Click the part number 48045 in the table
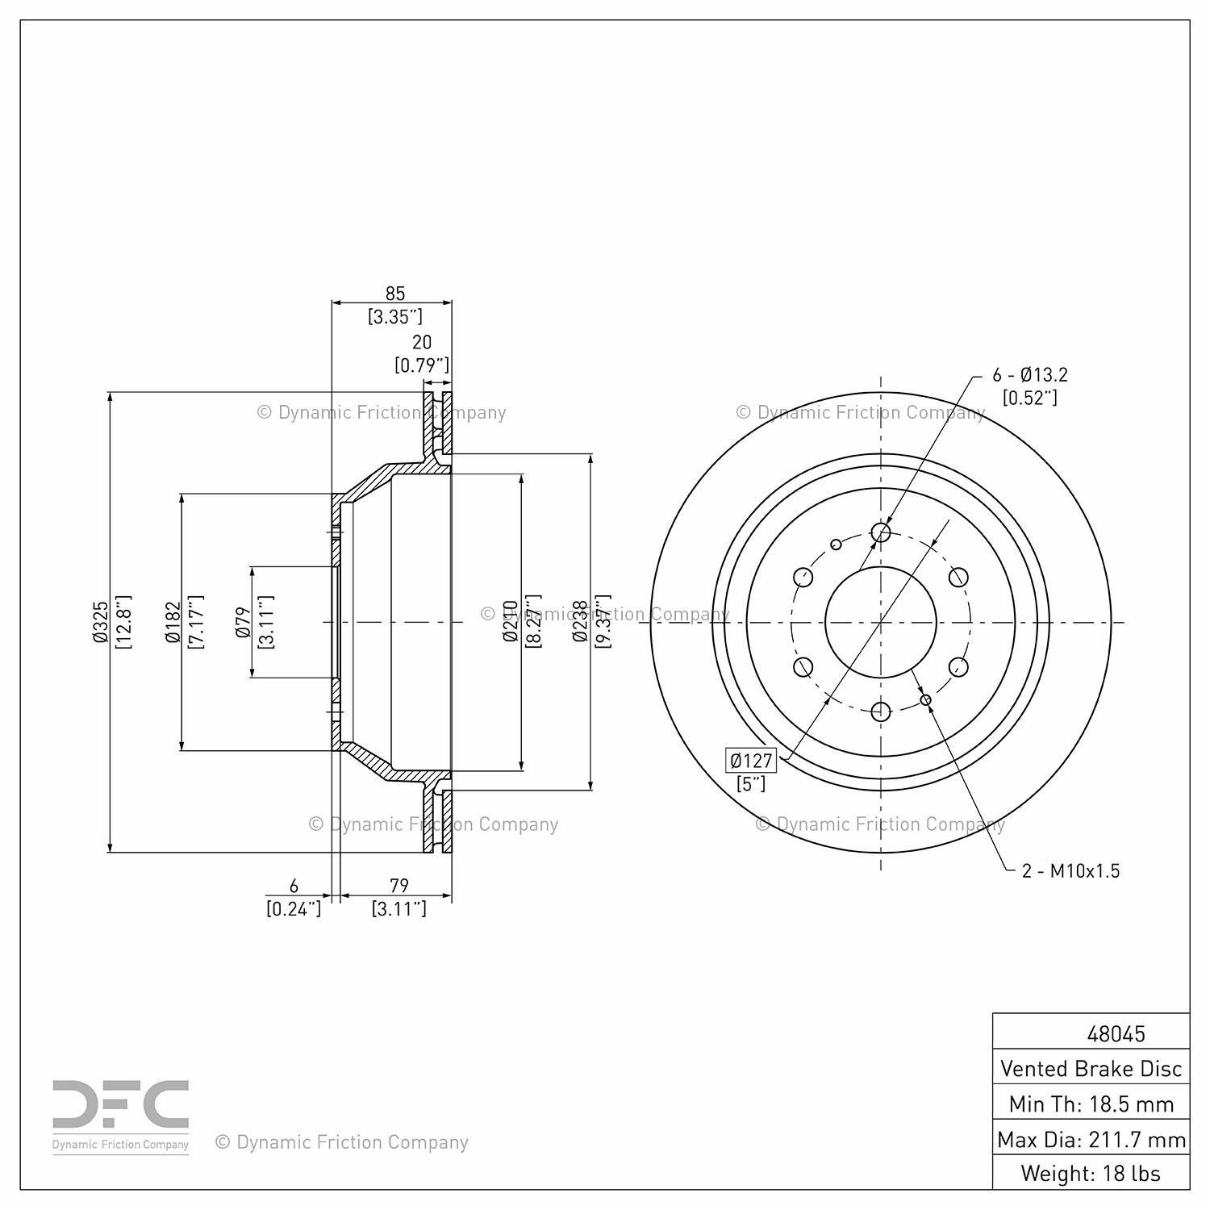point(1116,1033)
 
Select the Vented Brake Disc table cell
point(1091,1069)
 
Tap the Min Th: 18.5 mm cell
point(1091,1104)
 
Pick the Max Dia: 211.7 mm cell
point(1091,1139)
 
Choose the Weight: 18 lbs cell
point(1091,1173)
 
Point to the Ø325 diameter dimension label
point(100,622)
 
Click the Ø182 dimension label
point(171,622)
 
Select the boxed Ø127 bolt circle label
point(751,760)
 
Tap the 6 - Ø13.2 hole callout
point(1030,375)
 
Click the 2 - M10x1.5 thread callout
point(1070,871)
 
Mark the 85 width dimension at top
point(394,294)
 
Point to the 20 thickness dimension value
point(422,343)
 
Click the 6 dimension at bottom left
point(294,885)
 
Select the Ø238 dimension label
point(578,622)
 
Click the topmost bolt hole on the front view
point(881,532)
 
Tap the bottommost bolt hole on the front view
point(881,711)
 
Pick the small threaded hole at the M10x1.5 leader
point(926,699)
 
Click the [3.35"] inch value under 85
point(395,316)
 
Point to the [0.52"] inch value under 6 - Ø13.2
point(1029,398)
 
